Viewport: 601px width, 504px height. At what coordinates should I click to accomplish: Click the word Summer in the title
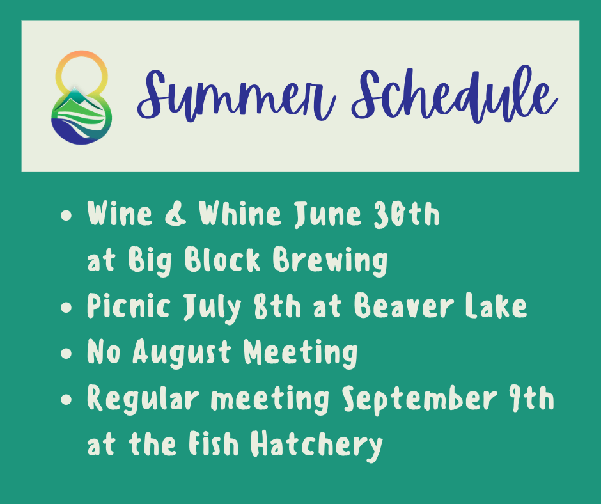[x=237, y=96]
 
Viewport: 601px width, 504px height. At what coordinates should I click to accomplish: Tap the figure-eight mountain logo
[x=82, y=97]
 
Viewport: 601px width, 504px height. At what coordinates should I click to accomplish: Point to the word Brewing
[x=330, y=261]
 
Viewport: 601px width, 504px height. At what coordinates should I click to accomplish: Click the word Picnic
[x=129, y=306]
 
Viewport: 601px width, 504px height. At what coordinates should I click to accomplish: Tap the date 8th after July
[x=278, y=306]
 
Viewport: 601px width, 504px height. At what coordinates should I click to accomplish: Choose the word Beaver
[x=403, y=306]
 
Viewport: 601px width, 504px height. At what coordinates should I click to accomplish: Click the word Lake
[x=496, y=306]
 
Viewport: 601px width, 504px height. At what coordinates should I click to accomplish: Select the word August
[x=182, y=353]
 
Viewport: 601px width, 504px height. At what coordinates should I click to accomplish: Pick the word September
[x=419, y=400]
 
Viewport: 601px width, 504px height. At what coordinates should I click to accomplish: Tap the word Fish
[x=213, y=444]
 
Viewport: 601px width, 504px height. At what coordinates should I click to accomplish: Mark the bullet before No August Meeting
[x=66, y=353]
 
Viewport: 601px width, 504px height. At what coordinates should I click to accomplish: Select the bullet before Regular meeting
[x=66, y=399]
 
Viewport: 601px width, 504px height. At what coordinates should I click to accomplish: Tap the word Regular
[x=143, y=400]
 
